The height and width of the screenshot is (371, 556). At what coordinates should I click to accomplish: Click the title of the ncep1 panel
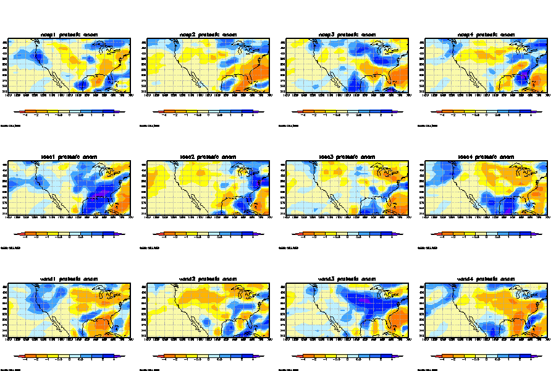pos(69,34)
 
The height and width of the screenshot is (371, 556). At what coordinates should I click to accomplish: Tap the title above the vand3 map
pos(347,279)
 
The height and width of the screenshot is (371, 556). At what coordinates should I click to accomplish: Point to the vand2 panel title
pos(208,279)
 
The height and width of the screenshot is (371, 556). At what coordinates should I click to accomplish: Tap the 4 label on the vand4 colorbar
pos(531,360)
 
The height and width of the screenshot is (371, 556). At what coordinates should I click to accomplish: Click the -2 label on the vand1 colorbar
pos(36,360)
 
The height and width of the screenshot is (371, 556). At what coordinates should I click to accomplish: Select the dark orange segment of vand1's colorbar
pos(30,357)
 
